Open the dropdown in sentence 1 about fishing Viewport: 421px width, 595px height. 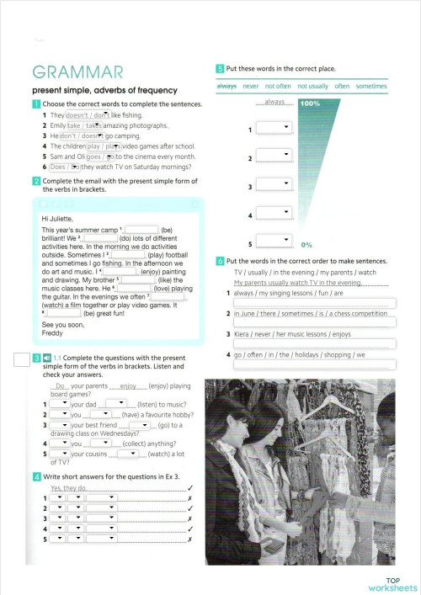88,114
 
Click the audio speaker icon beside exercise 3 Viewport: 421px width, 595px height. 47,358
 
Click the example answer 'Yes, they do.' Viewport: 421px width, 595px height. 70,488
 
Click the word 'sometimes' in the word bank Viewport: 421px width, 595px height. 370,86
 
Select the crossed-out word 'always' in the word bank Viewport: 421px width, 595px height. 226,86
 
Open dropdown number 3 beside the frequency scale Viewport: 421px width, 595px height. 274,187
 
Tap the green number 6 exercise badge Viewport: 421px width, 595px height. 220,261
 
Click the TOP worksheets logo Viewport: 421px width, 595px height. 392,583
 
